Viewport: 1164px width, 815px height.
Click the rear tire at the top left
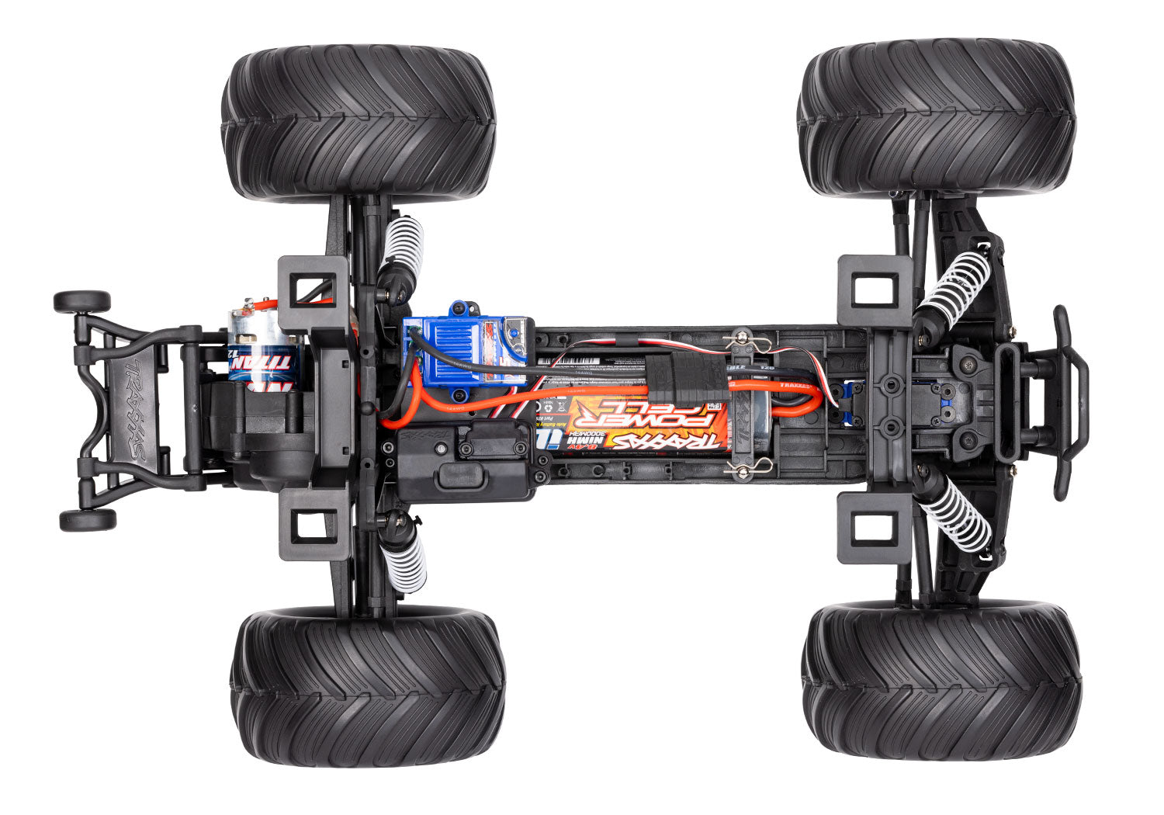(x=359, y=123)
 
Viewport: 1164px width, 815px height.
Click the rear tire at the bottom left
(x=368, y=686)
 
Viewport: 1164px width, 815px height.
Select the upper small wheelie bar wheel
(x=81, y=301)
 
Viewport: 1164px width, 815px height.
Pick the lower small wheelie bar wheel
(x=87, y=519)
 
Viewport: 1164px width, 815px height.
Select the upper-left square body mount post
(x=312, y=290)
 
